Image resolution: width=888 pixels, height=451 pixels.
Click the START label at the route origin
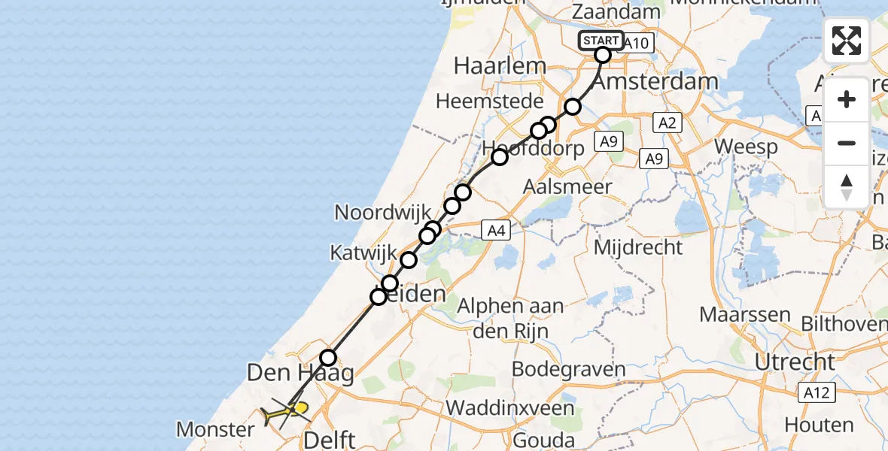click(601, 41)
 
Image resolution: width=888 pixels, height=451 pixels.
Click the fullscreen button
click(847, 41)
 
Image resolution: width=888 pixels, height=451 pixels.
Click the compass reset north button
click(847, 186)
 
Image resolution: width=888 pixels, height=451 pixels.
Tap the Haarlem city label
click(500, 66)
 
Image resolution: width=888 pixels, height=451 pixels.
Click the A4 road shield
click(495, 231)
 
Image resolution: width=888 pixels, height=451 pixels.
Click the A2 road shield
click(668, 123)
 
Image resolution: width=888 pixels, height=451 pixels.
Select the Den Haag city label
click(301, 372)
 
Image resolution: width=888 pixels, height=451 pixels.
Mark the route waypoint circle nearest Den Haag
click(328, 358)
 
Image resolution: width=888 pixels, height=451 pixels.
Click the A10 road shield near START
click(637, 44)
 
